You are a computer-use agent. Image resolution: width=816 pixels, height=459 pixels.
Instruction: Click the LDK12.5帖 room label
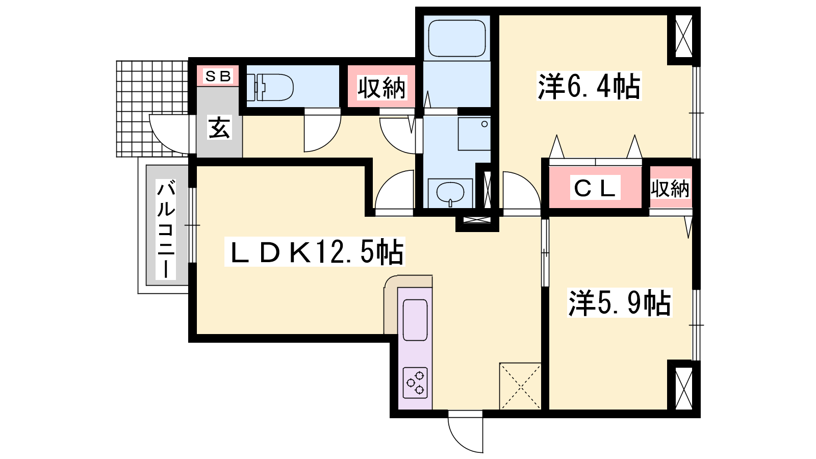(315, 252)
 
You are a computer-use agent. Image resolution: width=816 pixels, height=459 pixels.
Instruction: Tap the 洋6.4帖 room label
(589, 86)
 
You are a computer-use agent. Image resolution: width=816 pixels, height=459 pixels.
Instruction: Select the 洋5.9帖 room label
(619, 303)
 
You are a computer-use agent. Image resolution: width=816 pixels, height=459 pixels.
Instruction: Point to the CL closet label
(595, 188)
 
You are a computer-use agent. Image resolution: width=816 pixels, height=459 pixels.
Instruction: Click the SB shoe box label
(218, 76)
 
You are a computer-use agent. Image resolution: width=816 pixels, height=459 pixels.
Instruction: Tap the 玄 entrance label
(219, 127)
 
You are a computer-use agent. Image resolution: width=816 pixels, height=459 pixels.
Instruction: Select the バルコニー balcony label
(166, 229)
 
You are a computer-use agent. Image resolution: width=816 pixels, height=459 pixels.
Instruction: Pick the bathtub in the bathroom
(457, 38)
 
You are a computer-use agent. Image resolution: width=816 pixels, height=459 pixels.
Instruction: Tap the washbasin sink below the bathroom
(450, 193)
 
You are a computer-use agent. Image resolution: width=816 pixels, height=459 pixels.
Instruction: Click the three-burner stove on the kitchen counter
(415, 382)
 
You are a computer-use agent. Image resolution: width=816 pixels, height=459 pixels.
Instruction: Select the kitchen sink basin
(415, 320)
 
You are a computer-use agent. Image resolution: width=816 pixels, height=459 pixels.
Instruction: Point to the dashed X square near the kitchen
(520, 386)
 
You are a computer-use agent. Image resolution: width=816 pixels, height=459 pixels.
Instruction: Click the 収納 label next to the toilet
(381, 87)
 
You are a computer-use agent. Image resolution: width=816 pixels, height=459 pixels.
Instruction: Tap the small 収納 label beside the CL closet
(670, 189)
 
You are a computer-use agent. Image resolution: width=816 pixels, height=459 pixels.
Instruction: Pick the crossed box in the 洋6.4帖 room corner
(684, 36)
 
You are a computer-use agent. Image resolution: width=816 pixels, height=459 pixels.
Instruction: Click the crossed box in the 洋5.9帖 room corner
(684, 388)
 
